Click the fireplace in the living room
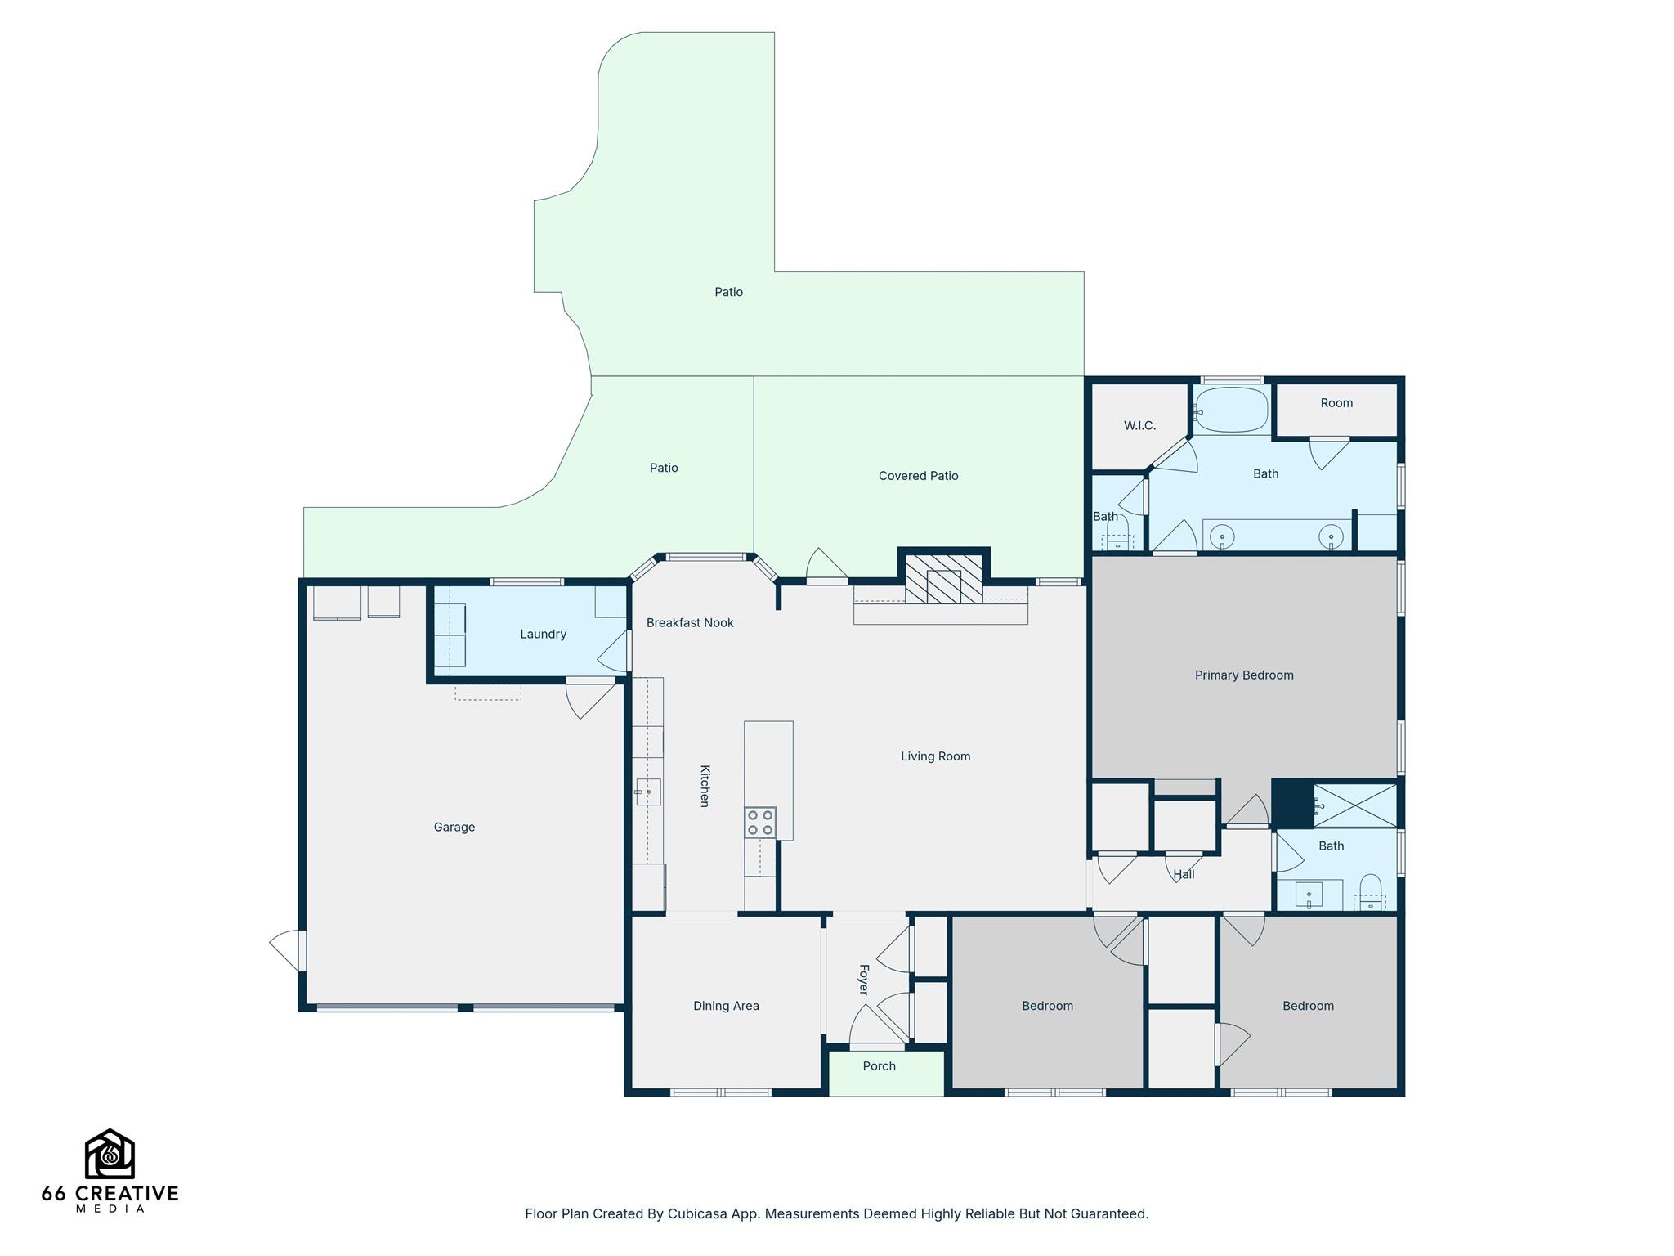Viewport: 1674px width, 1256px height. [x=943, y=579]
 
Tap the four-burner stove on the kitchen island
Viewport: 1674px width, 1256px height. [x=760, y=823]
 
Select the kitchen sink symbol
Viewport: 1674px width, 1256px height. [x=648, y=792]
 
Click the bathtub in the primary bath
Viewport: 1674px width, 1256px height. [x=1232, y=410]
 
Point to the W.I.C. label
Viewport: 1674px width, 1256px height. [x=1139, y=426]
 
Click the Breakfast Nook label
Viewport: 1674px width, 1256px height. [x=690, y=623]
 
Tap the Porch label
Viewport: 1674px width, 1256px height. [x=880, y=1066]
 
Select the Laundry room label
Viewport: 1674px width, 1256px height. [x=543, y=635]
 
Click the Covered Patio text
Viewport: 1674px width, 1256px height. [x=918, y=476]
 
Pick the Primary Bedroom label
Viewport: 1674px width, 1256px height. [x=1244, y=675]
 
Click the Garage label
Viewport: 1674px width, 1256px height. [x=454, y=828]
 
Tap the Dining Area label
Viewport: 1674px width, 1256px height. [x=726, y=1007]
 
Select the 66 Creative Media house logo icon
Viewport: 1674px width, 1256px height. [x=110, y=1154]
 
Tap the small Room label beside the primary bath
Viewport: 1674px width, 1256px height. [x=1336, y=403]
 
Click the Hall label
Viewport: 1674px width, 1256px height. [x=1184, y=875]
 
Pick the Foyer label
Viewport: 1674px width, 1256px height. [x=863, y=980]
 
